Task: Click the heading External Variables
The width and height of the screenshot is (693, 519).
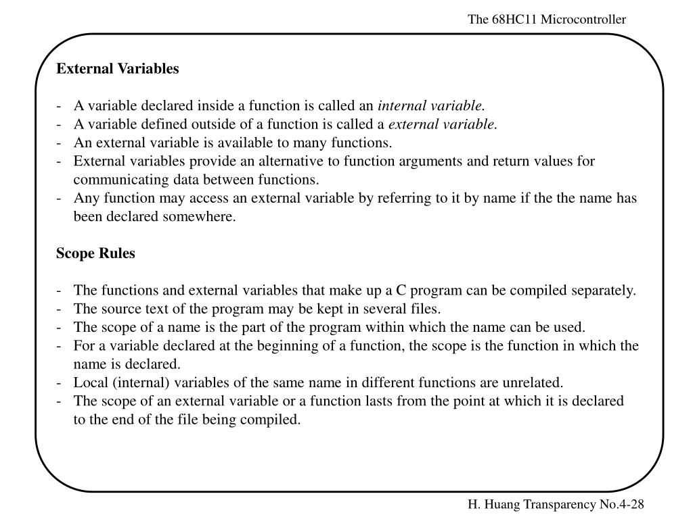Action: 117,69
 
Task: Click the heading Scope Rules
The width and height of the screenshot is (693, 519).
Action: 95,254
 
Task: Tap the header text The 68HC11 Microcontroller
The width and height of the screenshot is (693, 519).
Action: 547,20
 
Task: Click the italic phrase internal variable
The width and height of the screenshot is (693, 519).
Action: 431,106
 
